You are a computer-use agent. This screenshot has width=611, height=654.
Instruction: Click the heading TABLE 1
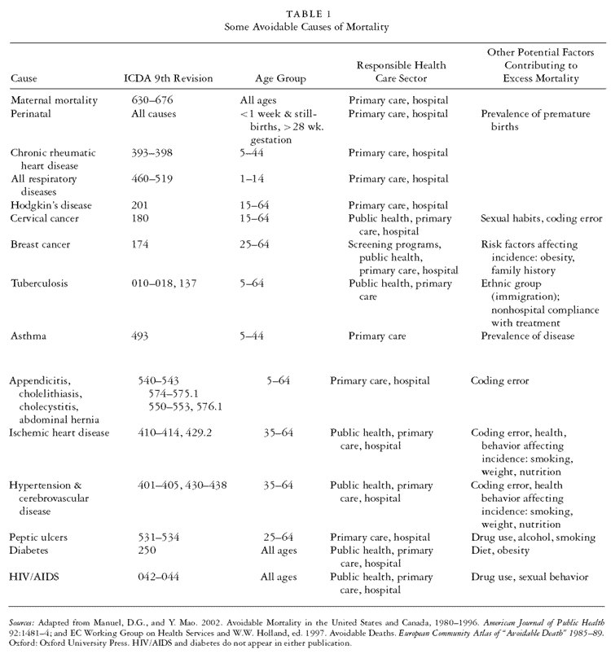click(x=305, y=13)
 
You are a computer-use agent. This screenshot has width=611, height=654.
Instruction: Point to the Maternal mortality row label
click(x=54, y=100)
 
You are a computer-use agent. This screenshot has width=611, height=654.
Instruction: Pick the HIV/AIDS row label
click(x=34, y=577)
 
